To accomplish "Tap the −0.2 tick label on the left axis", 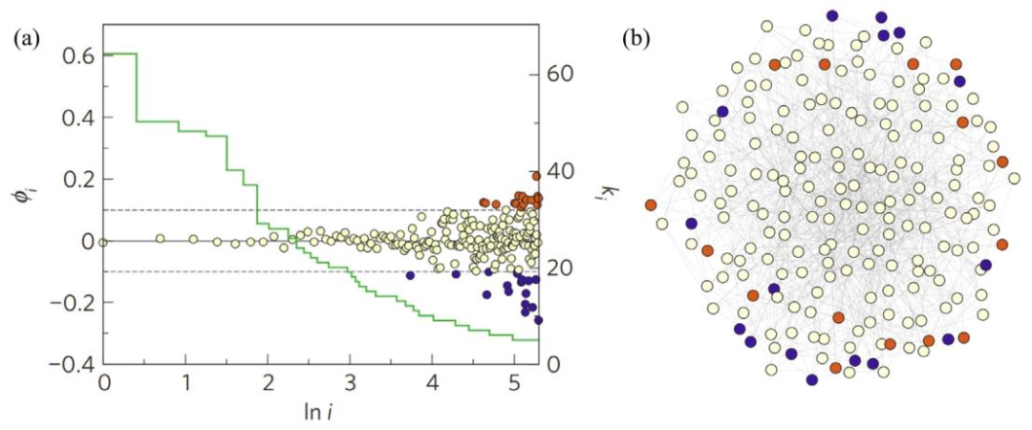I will (75, 304).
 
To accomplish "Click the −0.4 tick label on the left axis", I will (75, 366).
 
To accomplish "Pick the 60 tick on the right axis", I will (561, 73).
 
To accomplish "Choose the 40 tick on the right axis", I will (561, 171).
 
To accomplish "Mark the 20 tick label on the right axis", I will (561, 269).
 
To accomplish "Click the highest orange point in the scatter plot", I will (537, 176).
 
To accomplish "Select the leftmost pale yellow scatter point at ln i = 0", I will (103, 242).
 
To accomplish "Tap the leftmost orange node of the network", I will (651, 204).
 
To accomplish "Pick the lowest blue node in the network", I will (811, 379).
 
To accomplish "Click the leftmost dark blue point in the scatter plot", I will (411, 275).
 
